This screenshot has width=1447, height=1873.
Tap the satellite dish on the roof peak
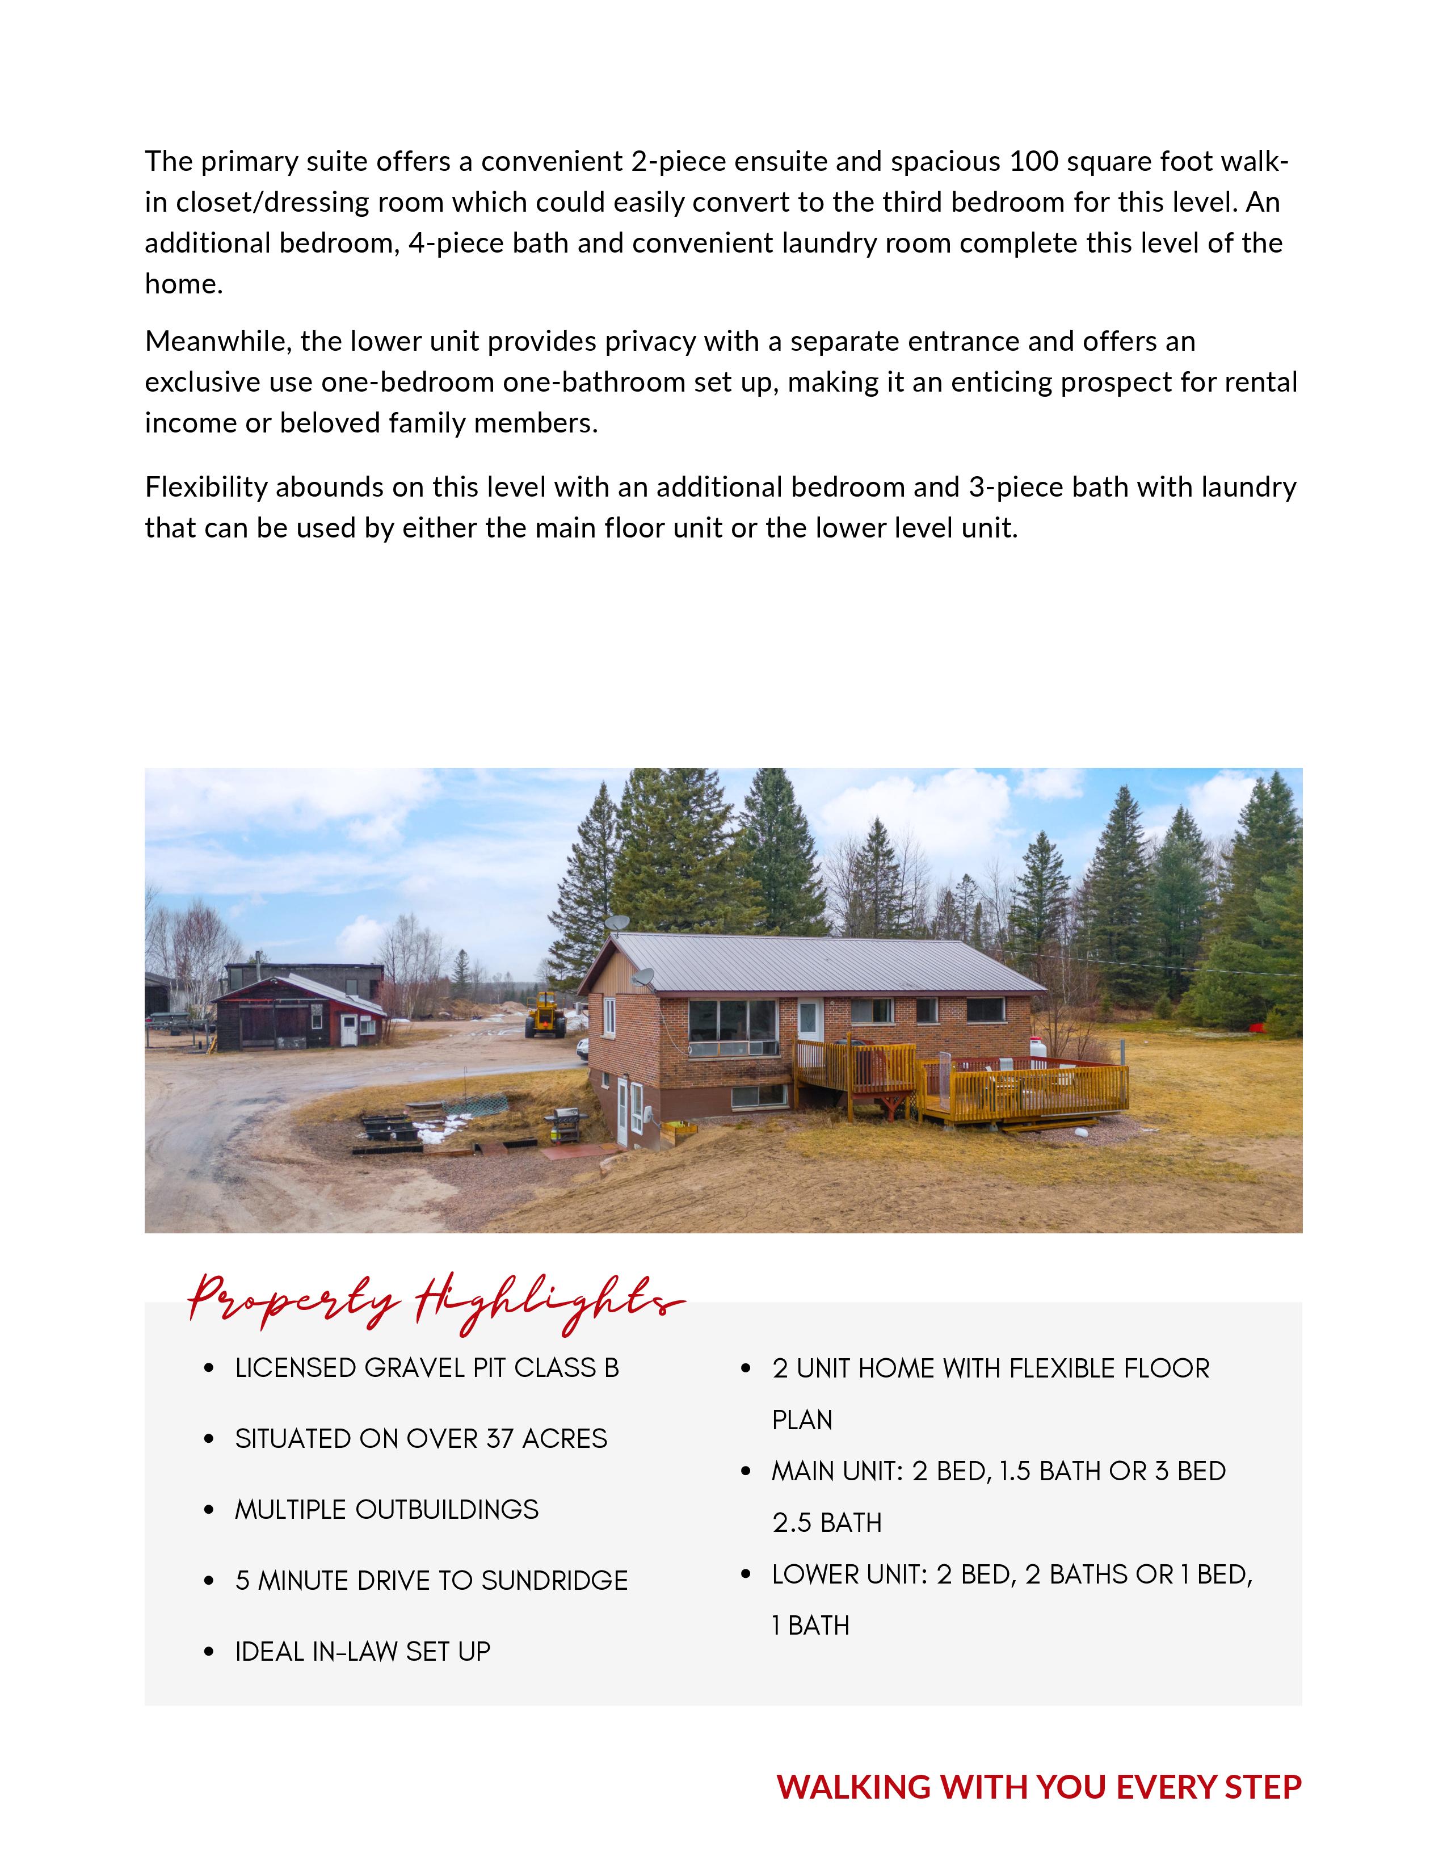[x=616, y=923]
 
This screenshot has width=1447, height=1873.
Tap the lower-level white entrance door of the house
[x=623, y=1112]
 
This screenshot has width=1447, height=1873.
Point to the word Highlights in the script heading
[x=549, y=1304]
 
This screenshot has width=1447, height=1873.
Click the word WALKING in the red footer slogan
[x=854, y=1787]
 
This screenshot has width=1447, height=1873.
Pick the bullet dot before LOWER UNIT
[x=746, y=1574]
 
